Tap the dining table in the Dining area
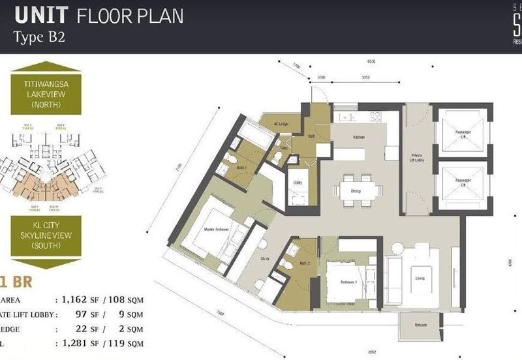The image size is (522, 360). (x=357, y=190)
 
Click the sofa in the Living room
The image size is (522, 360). (x=393, y=279)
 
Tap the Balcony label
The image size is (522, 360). (x=421, y=325)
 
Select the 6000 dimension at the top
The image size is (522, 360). (x=371, y=62)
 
